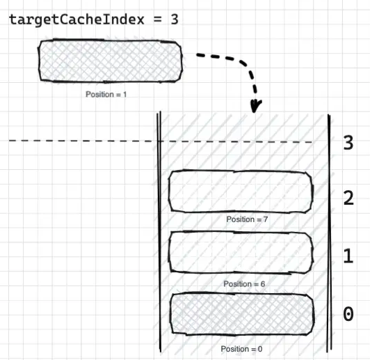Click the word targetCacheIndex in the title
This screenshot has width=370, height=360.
coord(77,19)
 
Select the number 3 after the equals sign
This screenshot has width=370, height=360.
coord(175,19)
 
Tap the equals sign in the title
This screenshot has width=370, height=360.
coord(157,19)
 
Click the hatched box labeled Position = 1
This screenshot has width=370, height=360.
coord(110,61)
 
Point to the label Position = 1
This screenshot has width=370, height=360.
coord(106,95)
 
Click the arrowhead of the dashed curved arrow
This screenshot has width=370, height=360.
coord(255,107)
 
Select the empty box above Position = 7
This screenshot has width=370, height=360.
coord(241,191)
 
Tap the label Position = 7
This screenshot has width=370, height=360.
coord(247,219)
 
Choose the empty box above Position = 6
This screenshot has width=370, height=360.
coord(241,253)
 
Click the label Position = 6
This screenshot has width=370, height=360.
coord(244,283)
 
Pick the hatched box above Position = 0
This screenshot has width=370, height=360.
coord(242,314)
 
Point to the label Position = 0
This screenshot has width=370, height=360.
coord(241,349)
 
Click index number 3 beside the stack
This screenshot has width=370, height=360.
coord(348,143)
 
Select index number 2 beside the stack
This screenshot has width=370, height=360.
coord(348,198)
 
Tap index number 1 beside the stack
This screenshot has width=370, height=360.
coord(348,256)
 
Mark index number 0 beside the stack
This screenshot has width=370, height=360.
coord(348,314)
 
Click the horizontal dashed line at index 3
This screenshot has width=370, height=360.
coord(161,141)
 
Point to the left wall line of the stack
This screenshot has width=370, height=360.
coord(159,231)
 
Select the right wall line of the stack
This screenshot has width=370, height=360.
coord(329,233)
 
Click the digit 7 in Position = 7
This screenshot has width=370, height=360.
coord(266,219)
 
